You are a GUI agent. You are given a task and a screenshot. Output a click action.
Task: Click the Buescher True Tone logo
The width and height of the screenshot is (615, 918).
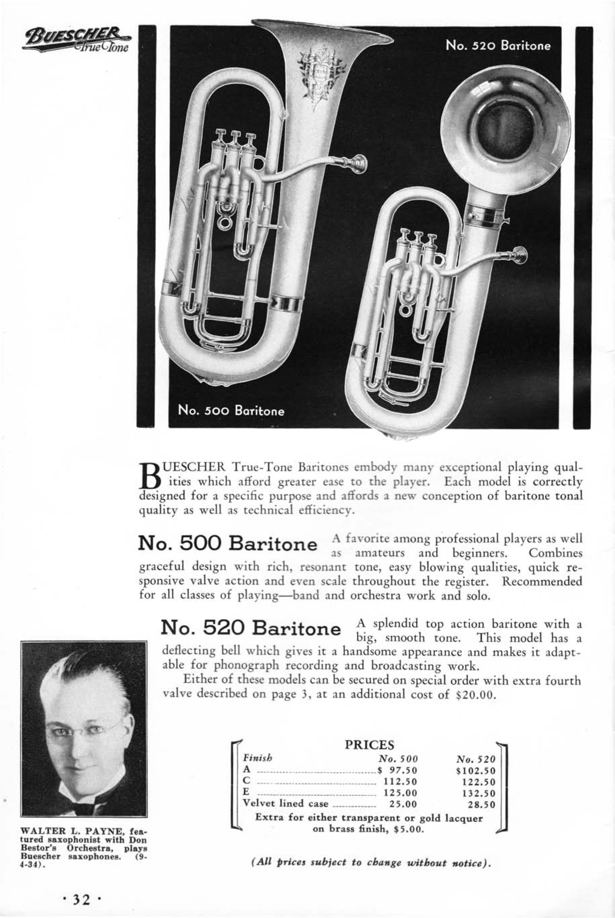coord(77,41)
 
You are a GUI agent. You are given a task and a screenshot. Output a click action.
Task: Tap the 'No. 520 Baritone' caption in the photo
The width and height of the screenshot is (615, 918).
coord(498,46)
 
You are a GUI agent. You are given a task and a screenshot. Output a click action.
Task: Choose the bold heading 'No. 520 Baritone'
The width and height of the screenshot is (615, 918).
coord(251,627)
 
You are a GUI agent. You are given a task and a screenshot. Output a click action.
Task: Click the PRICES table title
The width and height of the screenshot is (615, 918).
coord(369,745)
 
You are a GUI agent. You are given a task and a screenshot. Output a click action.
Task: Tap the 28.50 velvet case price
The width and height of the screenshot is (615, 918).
coord(482,805)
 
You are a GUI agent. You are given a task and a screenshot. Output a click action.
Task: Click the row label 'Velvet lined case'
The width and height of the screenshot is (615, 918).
coord(286,803)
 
